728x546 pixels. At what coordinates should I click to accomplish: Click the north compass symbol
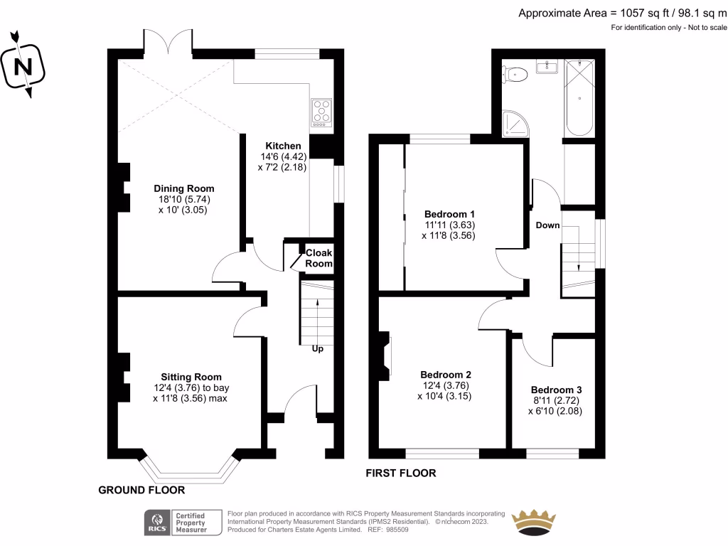(24, 65)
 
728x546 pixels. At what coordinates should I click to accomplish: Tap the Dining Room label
(184, 188)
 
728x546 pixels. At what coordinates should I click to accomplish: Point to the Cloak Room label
(318, 258)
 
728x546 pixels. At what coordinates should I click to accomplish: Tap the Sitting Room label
(191, 377)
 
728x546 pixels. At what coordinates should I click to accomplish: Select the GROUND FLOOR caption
(141, 490)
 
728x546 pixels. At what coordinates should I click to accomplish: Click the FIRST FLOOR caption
(400, 473)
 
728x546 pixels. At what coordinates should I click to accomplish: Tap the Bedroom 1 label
(449, 214)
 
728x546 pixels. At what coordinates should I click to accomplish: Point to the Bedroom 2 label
(446, 375)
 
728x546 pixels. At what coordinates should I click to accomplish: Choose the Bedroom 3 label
(556, 390)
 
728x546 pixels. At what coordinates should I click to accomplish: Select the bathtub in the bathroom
(578, 98)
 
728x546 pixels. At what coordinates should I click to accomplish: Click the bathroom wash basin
(549, 67)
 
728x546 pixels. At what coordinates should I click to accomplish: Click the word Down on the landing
(547, 225)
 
